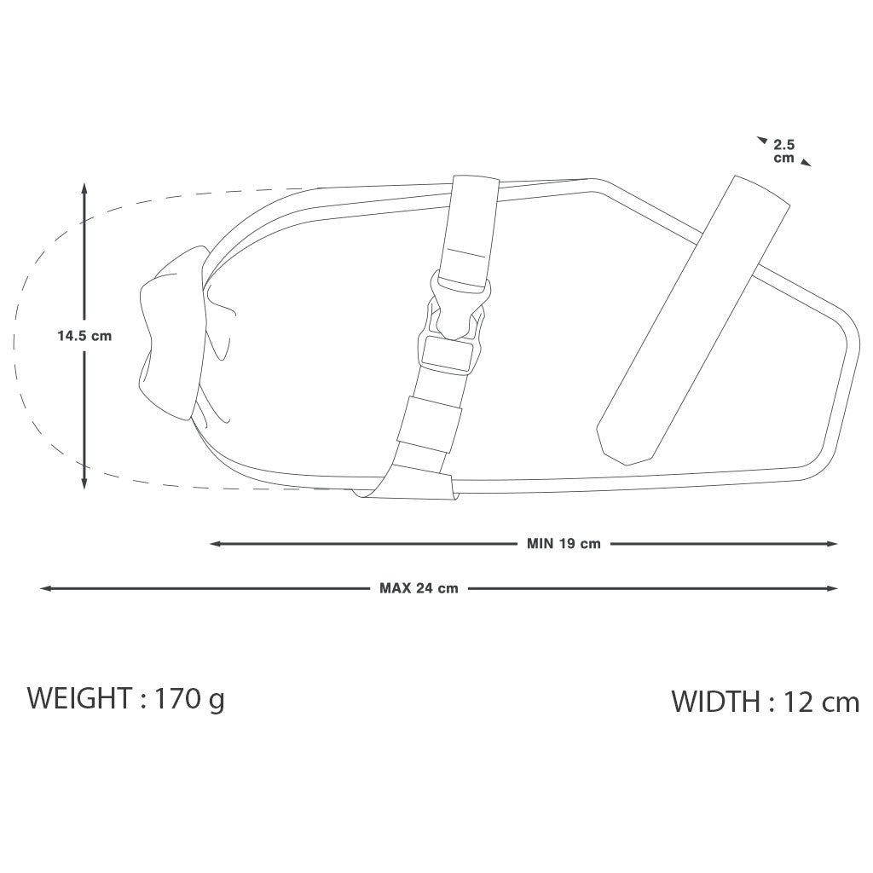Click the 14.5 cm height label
coord(84,336)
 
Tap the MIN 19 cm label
coord(564,544)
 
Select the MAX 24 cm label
coord(419,588)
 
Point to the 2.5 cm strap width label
coord(784,152)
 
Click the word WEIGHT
coord(79,698)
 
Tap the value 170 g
coord(189,700)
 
